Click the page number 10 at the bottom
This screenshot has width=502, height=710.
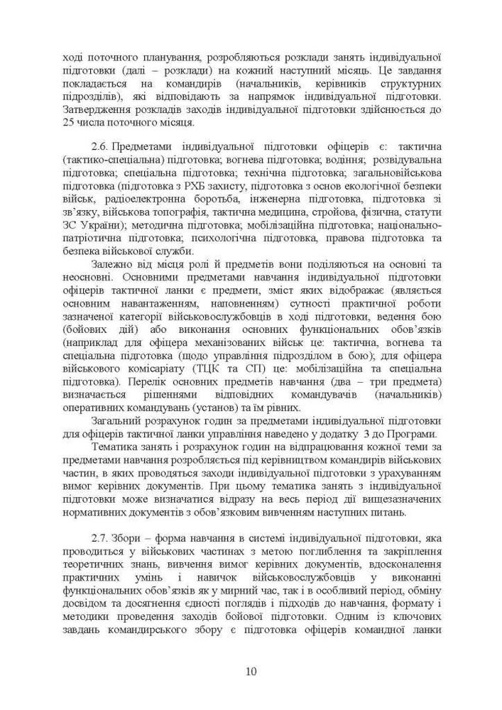pos(251,672)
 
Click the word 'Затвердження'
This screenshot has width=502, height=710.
pos(94,109)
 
